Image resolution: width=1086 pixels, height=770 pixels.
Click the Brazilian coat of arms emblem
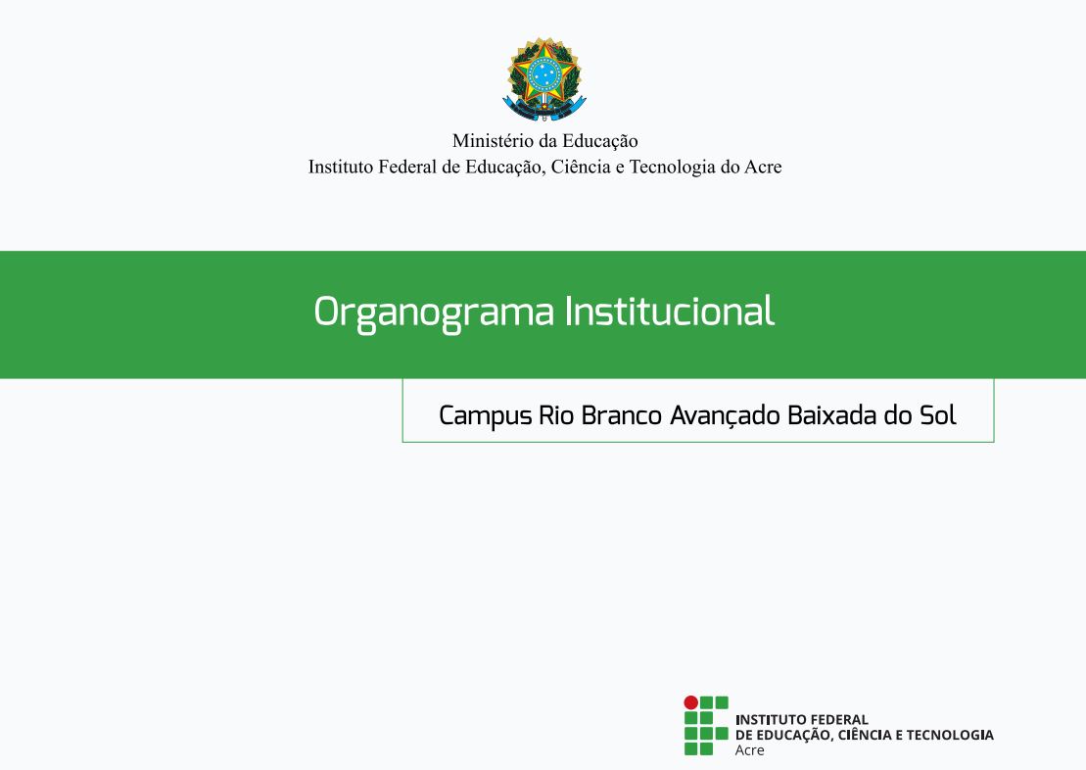tap(544, 79)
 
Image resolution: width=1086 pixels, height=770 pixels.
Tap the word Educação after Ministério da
tap(599, 141)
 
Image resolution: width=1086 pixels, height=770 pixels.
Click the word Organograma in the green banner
tap(434, 313)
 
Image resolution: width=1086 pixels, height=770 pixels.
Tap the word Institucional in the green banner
tap(669, 311)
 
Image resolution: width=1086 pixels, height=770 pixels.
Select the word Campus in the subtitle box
tap(486, 416)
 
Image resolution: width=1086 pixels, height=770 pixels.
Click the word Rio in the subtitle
tap(556, 415)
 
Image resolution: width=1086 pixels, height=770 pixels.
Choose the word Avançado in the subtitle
tap(726, 415)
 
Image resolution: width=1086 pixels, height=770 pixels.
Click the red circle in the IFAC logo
tap(691, 702)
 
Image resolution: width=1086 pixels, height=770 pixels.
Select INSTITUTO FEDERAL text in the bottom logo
tap(801, 719)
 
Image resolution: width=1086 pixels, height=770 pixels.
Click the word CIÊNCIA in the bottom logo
tap(865, 735)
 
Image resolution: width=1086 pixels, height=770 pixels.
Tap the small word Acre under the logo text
tap(749, 750)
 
